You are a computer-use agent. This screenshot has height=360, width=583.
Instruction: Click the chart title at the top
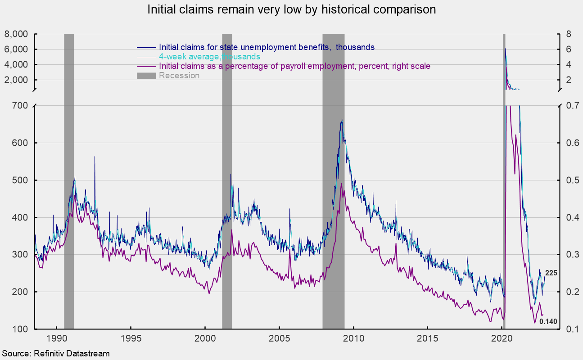291,10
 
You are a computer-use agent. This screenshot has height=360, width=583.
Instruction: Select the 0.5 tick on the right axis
566,180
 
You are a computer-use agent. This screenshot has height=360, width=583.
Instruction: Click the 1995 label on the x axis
131,338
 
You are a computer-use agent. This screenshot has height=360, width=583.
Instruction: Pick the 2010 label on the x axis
353,338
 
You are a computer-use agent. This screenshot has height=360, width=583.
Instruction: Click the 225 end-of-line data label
551,273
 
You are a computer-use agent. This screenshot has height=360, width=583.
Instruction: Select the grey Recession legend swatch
147,76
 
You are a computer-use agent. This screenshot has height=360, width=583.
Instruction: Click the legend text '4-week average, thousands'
209,57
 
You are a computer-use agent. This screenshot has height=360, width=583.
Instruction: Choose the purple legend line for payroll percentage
147,66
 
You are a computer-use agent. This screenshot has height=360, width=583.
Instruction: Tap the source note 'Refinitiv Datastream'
55,354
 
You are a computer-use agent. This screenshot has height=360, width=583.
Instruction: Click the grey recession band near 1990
69,180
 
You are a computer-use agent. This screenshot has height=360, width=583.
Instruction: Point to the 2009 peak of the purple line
342,184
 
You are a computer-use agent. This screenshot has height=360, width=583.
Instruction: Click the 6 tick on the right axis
569,49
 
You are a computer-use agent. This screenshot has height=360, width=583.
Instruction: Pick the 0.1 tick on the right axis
566,329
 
